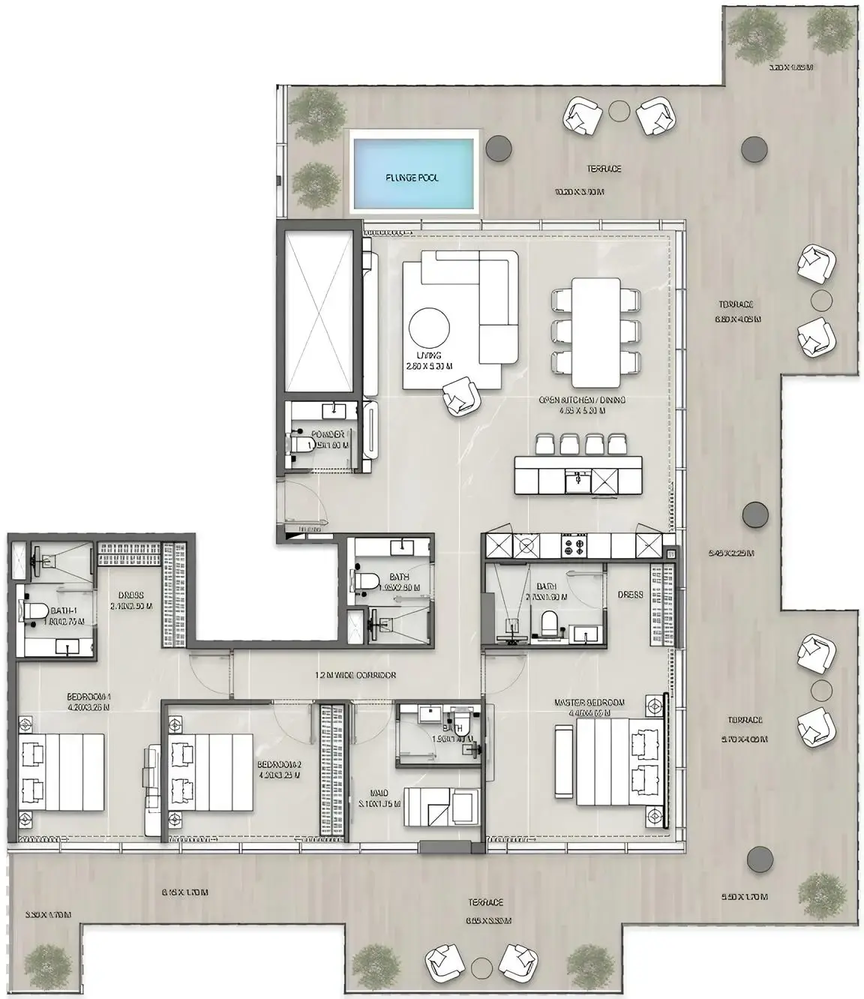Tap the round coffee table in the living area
coord(430,328)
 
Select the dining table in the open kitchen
coord(596,330)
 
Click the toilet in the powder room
coord(303,444)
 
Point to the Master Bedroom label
coord(589,702)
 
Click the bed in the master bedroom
coord(610,761)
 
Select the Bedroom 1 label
coord(88,696)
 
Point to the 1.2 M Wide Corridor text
coord(355,675)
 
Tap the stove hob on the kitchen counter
coord(576,545)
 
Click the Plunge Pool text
coord(412,178)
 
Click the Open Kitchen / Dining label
coord(582,400)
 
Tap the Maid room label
coord(379,792)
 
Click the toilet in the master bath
coord(549,622)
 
